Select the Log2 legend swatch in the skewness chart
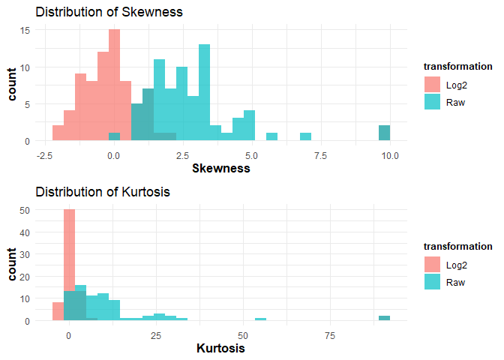click(x=433, y=85)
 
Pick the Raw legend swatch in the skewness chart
click(x=433, y=102)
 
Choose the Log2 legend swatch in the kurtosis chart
click(x=433, y=265)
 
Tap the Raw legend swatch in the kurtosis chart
click(x=433, y=282)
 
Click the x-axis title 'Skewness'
click(x=221, y=169)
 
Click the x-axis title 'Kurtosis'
click(x=220, y=349)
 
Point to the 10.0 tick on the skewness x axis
click(x=390, y=155)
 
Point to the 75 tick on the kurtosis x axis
click(x=328, y=335)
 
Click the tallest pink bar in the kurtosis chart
click(x=70, y=265)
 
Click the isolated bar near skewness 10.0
click(x=384, y=133)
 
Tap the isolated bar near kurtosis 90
click(x=384, y=318)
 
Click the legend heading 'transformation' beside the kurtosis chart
click(x=457, y=246)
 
